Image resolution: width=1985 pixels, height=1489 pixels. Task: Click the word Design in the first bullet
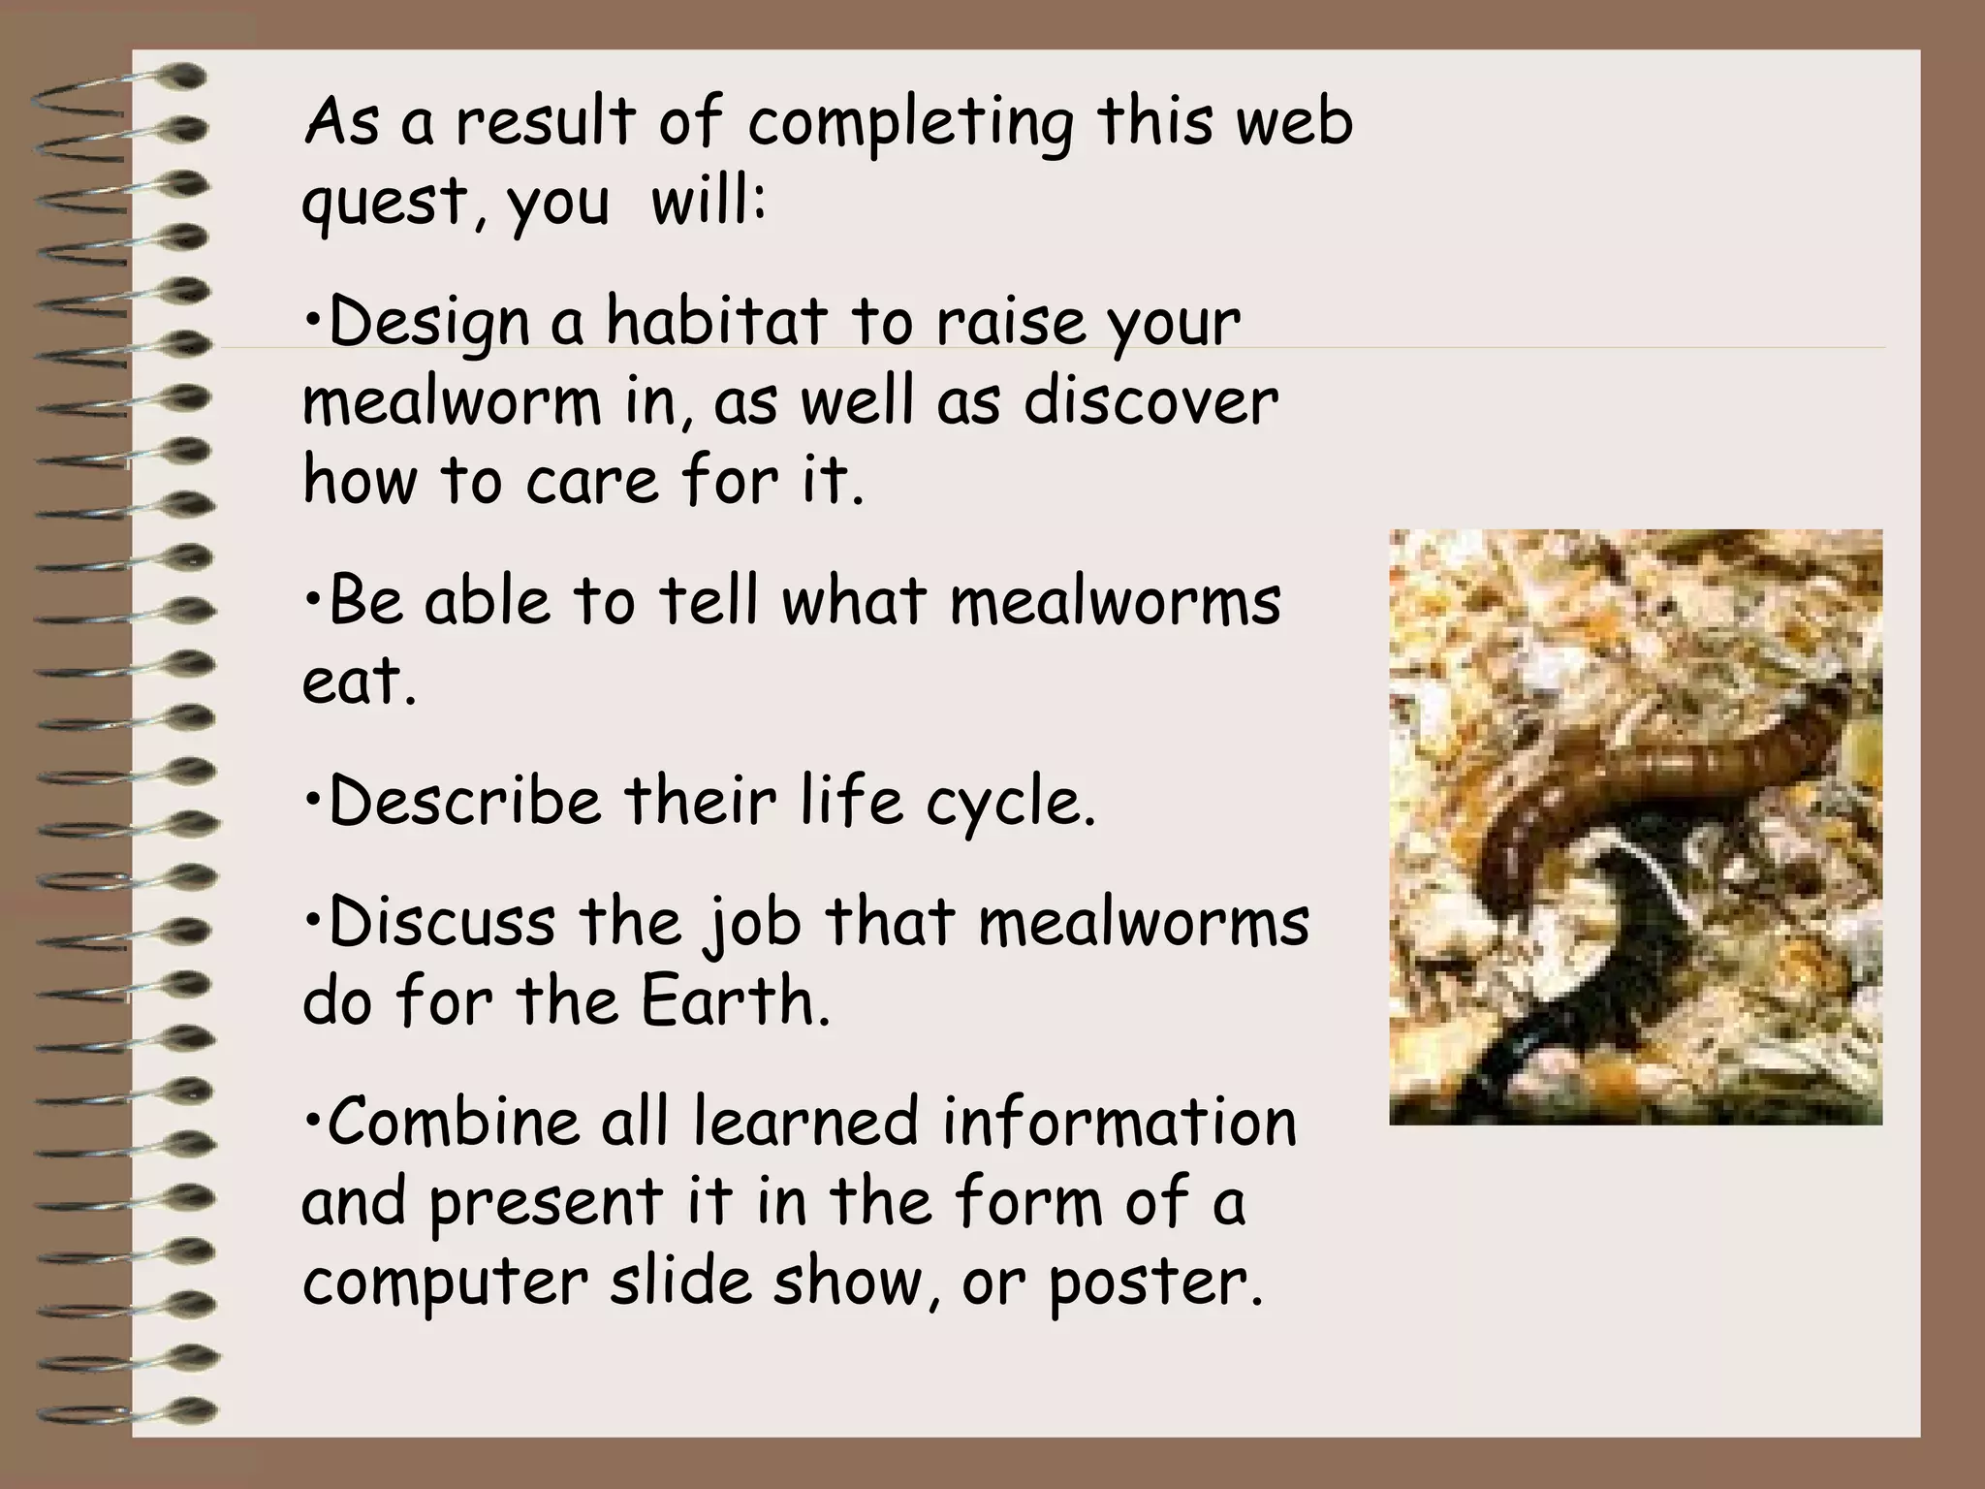pos(429,324)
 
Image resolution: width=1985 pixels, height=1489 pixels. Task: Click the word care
pos(591,482)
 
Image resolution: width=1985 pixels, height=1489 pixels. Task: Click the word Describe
pos(464,802)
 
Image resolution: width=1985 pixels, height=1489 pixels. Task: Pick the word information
pos(1119,1122)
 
